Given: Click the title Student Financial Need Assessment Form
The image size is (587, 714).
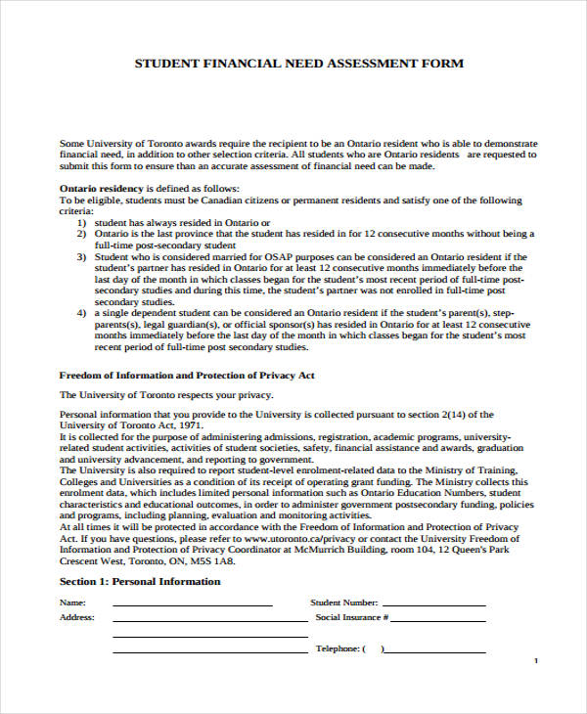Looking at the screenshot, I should [298, 64].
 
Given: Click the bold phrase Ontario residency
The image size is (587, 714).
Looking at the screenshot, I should [103, 188].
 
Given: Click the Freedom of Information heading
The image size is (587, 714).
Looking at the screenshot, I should [187, 375].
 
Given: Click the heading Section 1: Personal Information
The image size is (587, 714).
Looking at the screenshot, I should [140, 582].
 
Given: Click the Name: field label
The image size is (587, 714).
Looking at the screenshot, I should [72, 603].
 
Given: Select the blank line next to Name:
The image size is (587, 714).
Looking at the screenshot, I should [192, 605].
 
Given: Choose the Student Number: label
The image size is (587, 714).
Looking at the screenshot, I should [343, 603].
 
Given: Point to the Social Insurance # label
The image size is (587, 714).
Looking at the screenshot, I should [351, 618].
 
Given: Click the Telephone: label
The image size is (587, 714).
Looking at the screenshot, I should [339, 649].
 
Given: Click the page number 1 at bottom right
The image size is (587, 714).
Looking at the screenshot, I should [536, 662].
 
